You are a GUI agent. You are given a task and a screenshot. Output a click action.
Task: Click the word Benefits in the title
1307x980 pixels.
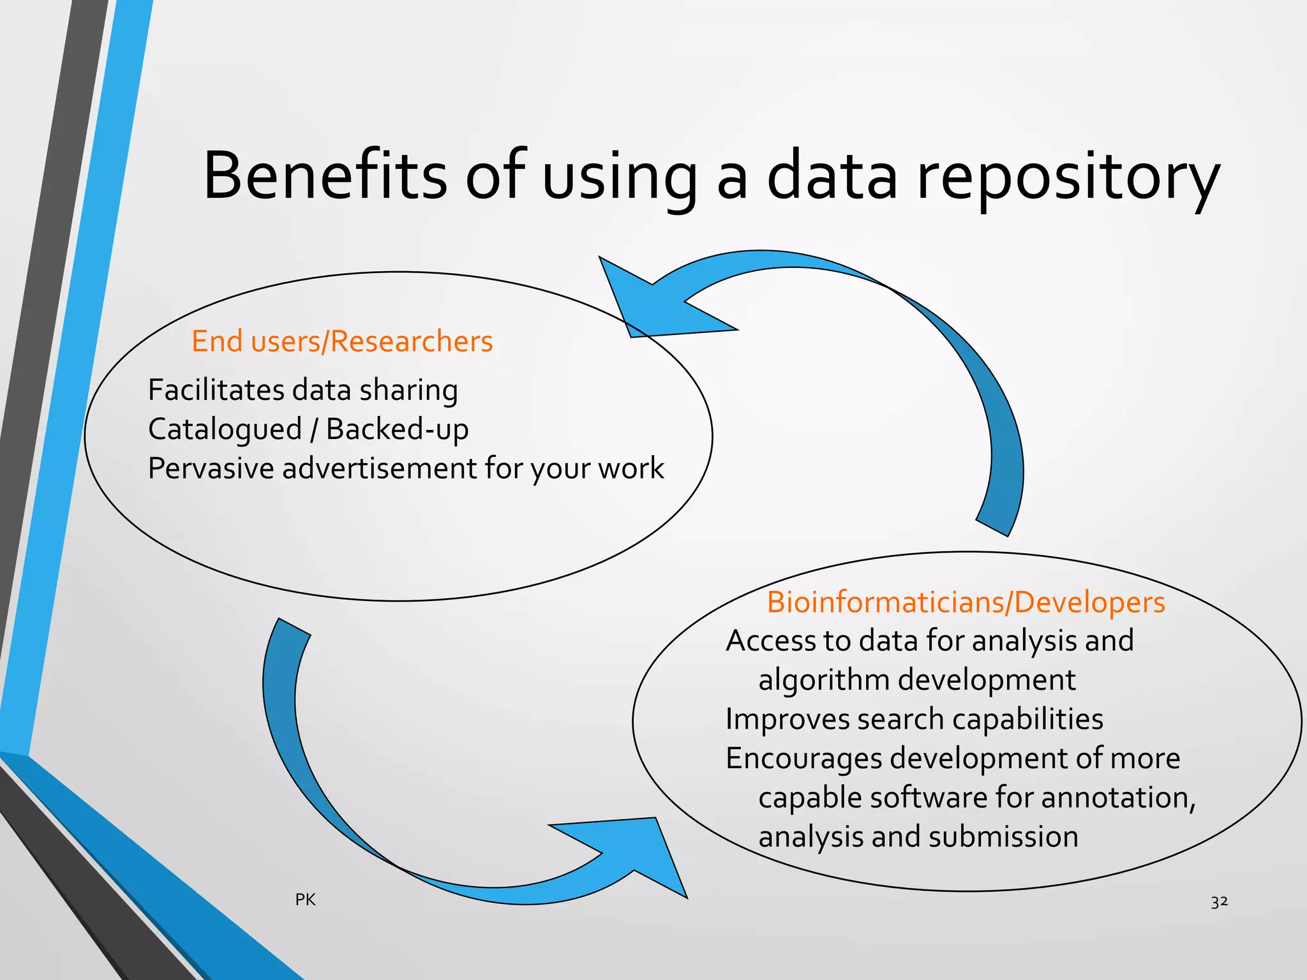point(325,175)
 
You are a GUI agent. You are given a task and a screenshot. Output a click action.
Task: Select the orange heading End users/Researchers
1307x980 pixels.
point(342,341)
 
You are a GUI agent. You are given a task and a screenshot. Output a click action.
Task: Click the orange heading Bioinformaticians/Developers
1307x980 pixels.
point(966,602)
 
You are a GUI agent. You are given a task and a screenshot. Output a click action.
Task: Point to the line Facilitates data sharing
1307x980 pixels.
point(302,390)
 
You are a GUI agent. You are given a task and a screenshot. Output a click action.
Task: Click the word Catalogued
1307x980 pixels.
point(225,430)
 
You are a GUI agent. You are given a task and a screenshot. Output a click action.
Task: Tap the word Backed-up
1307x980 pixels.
point(397,429)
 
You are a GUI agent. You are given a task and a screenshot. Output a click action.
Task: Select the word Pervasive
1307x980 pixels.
point(211,468)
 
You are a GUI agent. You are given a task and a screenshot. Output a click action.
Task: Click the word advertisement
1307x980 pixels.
point(379,468)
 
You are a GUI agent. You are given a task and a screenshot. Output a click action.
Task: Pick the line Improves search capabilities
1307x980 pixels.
point(914,720)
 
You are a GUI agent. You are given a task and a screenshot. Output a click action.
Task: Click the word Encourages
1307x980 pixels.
point(803,759)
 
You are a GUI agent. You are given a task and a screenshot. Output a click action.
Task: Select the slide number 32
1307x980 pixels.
point(1219,902)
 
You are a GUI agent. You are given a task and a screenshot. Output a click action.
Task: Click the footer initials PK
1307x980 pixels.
point(305,900)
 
